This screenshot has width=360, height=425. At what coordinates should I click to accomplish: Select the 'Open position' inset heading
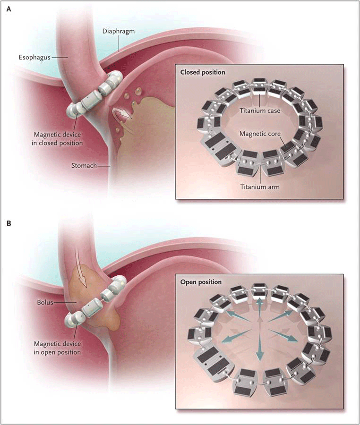(x=201, y=282)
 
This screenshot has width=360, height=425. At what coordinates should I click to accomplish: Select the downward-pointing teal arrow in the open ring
(x=259, y=354)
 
